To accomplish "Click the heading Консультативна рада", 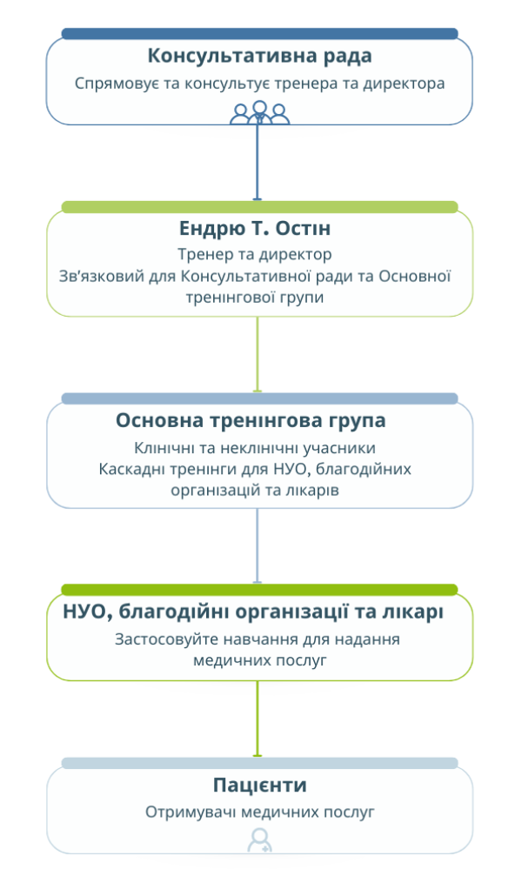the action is (x=259, y=56).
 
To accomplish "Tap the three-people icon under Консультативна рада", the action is (x=260, y=112).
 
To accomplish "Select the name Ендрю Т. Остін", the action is (x=255, y=228).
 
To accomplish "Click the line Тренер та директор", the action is (x=255, y=254).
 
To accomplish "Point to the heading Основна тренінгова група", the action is (x=251, y=421).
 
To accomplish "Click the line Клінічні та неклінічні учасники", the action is (x=255, y=447).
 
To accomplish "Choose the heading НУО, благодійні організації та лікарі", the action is (x=253, y=612).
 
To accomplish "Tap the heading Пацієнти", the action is (x=260, y=785).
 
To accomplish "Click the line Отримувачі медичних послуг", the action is (x=260, y=812).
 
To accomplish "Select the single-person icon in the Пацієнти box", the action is (x=260, y=840).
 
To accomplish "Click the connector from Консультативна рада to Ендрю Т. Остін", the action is (x=258, y=162).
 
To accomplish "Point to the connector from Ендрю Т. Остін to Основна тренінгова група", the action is (x=258, y=355).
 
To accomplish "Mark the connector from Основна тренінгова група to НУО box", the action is (x=258, y=546).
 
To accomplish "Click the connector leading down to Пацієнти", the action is (x=258, y=719).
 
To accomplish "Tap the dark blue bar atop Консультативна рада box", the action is (x=260, y=34).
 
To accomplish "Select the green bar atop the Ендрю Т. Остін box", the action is (x=260, y=207).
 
